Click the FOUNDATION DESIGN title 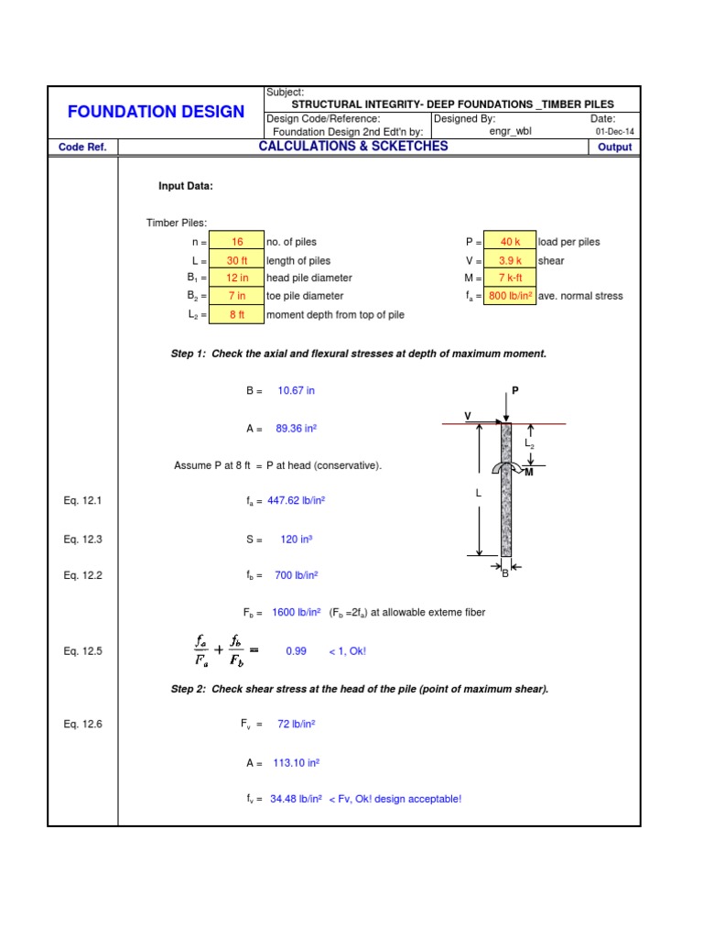click(156, 112)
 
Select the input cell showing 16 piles click(237, 242)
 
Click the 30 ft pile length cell click(237, 260)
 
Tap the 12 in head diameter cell click(237, 278)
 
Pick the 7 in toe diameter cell click(237, 296)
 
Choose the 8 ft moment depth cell click(237, 314)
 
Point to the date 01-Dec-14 click(614, 131)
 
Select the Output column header click(614, 147)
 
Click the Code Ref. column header click(82, 147)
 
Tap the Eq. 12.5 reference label click(82, 651)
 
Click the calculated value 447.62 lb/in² click(297, 501)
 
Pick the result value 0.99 click(296, 651)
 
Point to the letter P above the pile click(514, 390)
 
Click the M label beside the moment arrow click(528, 472)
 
